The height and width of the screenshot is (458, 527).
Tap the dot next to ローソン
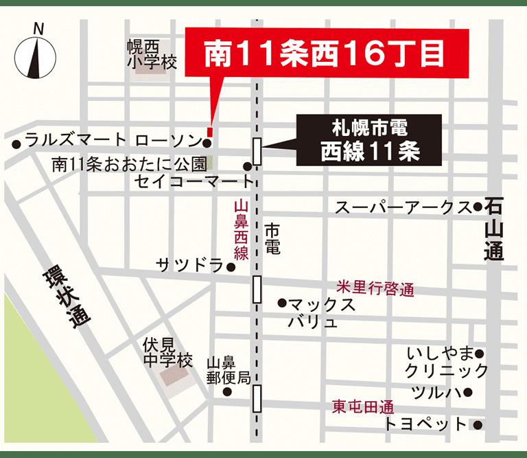pyautogui.click(x=207, y=143)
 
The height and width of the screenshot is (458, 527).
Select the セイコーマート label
pyautogui.click(x=194, y=182)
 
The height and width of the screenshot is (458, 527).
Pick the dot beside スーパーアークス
pyautogui.click(x=478, y=207)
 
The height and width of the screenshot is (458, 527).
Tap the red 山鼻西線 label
pyautogui.click(x=241, y=230)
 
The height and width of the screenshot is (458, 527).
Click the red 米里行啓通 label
pyautogui.click(x=375, y=288)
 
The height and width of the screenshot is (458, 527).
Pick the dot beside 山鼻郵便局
pyautogui.click(x=227, y=392)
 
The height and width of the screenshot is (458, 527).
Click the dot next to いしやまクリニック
pyautogui.click(x=480, y=354)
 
